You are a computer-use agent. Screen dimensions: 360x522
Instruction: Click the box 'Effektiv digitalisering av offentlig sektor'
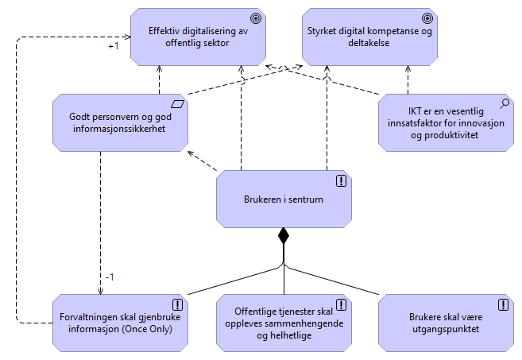199,37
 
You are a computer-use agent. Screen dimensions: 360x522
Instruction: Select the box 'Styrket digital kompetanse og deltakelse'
369,37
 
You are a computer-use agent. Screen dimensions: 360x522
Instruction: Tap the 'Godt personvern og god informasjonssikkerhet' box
120,122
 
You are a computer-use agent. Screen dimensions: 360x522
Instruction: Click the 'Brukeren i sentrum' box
284,198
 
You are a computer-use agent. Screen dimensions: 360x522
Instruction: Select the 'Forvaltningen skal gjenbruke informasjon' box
120,322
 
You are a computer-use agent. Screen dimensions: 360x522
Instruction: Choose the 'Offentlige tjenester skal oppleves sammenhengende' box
284,322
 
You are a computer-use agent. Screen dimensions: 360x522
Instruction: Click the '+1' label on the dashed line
114,46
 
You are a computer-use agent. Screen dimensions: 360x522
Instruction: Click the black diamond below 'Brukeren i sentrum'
283,236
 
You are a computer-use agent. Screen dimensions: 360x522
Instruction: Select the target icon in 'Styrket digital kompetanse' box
427,17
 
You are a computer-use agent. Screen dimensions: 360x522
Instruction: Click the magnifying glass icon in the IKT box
504,103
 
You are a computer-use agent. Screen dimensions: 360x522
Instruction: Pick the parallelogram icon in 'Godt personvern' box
177,103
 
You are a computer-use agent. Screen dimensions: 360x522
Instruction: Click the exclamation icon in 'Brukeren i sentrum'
341,180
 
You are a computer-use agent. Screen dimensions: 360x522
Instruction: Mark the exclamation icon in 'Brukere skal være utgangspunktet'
504,304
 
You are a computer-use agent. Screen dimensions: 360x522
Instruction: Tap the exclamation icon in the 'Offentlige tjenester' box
341,304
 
